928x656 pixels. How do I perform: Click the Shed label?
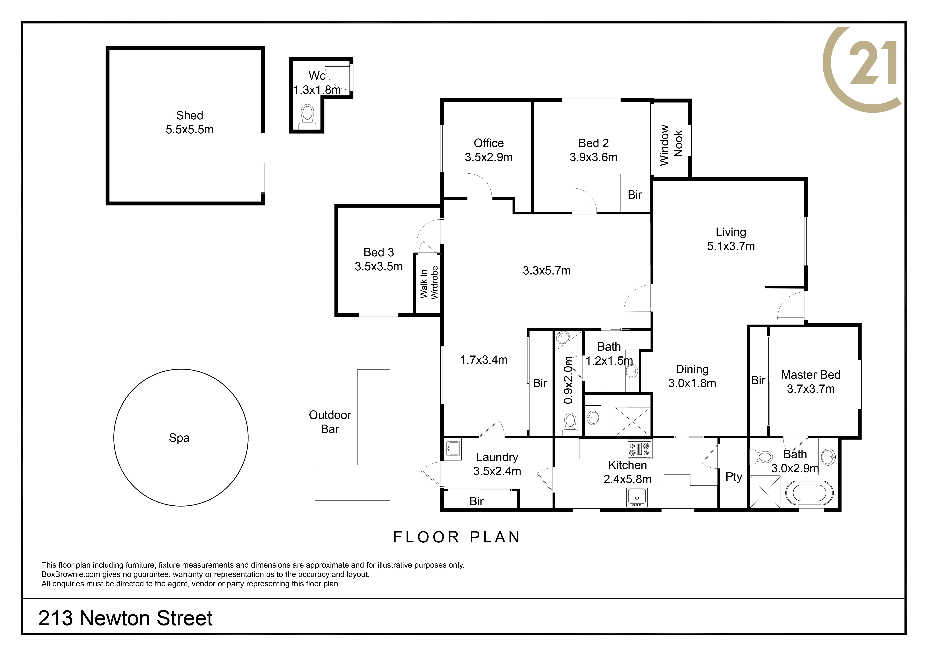point(190,115)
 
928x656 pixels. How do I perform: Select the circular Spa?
point(181,437)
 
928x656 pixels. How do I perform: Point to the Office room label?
point(489,143)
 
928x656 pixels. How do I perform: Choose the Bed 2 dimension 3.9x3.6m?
point(593,157)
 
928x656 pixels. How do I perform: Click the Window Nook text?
point(671,145)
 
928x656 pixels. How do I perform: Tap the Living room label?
point(731,232)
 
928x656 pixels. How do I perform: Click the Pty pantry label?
point(734,477)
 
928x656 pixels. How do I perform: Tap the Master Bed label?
point(811,375)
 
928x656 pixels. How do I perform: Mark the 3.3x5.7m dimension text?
point(547,271)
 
